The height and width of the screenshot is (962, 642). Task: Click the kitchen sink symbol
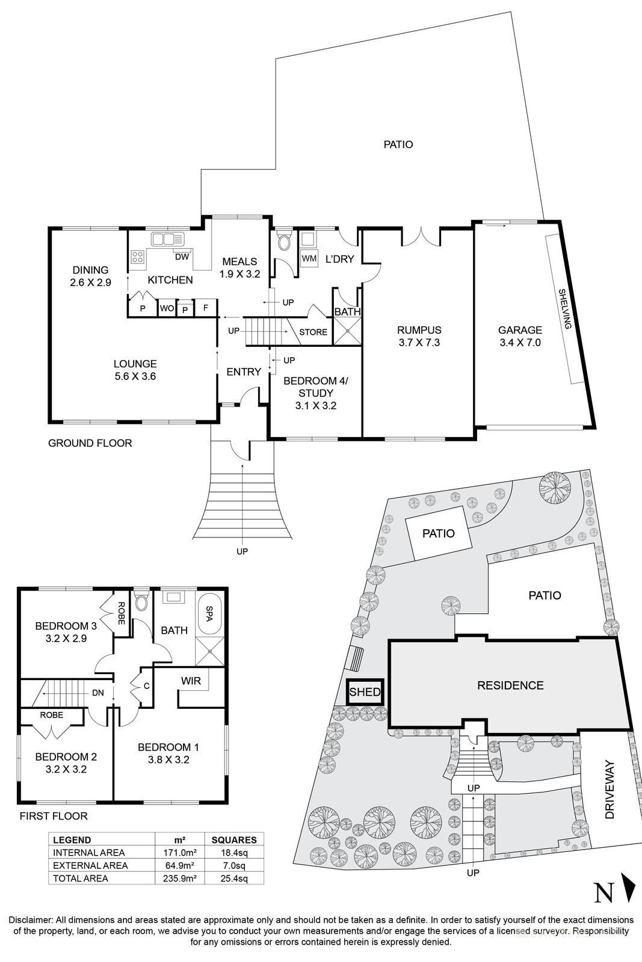click(163, 239)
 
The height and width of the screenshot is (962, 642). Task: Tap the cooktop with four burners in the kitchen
click(138, 258)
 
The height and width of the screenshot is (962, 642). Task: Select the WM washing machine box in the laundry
click(309, 259)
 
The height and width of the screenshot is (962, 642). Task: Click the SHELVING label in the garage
click(564, 308)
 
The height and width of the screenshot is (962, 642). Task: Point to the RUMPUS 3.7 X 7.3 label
click(419, 336)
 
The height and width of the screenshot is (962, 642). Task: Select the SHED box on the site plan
click(365, 692)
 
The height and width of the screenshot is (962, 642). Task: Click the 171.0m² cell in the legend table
click(180, 853)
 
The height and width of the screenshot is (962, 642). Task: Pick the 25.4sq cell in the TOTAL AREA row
click(235, 878)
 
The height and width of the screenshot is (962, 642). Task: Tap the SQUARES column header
click(235, 840)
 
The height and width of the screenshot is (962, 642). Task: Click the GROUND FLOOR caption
click(90, 443)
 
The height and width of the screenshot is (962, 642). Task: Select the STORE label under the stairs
click(313, 332)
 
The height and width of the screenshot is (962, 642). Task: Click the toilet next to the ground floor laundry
click(283, 242)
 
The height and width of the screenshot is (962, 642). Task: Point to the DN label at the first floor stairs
click(97, 693)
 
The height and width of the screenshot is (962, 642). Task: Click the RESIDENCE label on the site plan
click(510, 685)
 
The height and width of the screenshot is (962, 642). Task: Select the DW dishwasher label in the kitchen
click(182, 257)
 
